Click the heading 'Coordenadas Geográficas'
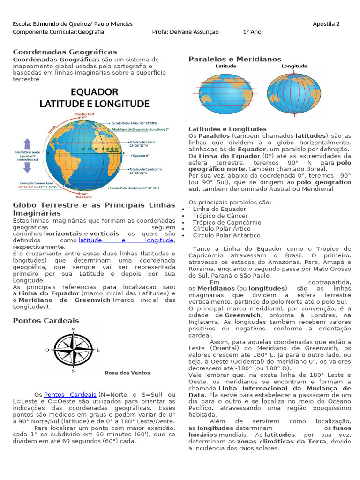coord(65,52)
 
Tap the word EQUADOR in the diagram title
coord(94,91)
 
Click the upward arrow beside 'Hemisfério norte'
coord(28,143)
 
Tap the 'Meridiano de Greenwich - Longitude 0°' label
coord(141,129)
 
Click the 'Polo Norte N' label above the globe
coord(84,114)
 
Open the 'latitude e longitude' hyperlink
coord(126,240)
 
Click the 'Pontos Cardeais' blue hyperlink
coord(70,395)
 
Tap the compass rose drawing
coord(73,350)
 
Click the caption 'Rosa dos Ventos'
coord(127,373)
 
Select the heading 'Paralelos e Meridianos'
coord(235,59)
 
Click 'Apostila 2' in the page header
coord(326,24)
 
